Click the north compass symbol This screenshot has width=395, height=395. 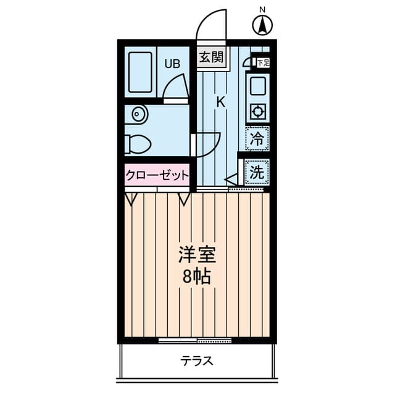(x=263, y=25)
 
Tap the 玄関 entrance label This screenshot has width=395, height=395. (x=210, y=58)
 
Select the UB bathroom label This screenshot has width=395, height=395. (x=172, y=62)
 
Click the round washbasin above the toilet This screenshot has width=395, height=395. (x=138, y=115)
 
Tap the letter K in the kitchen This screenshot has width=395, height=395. (x=220, y=102)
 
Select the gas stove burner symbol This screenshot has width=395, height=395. (x=257, y=112)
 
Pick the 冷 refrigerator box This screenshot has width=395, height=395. (x=257, y=138)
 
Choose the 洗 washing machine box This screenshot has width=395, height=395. (x=256, y=172)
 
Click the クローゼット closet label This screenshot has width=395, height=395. (x=157, y=175)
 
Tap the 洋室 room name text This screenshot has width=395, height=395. (x=196, y=255)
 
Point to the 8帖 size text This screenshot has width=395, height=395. (x=196, y=276)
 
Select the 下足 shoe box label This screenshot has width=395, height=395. (x=262, y=62)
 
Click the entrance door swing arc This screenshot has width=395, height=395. (x=212, y=25)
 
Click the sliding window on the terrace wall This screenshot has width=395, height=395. (x=195, y=340)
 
